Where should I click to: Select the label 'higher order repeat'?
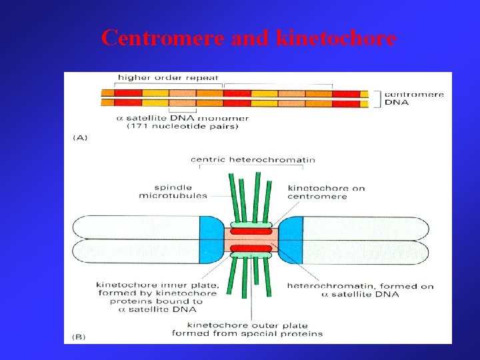(x=167, y=78)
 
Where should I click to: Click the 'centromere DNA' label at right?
(x=414, y=99)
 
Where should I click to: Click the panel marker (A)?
(x=79, y=137)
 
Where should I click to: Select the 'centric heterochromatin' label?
(x=253, y=159)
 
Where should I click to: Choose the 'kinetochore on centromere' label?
(x=326, y=192)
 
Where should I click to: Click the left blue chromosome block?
(x=212, y=238)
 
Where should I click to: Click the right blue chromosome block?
(x=292, y=238)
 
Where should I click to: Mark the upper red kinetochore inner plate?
(x=251, y=231)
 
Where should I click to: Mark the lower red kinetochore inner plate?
(x=251, y=248)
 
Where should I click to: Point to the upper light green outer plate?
(x=251, y=224)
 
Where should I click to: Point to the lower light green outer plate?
(x=251, y=255)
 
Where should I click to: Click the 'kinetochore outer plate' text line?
(x=247, y=325)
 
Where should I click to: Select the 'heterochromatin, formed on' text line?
(x=360, y=286)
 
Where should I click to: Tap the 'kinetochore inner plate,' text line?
(x=157, y=285)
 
